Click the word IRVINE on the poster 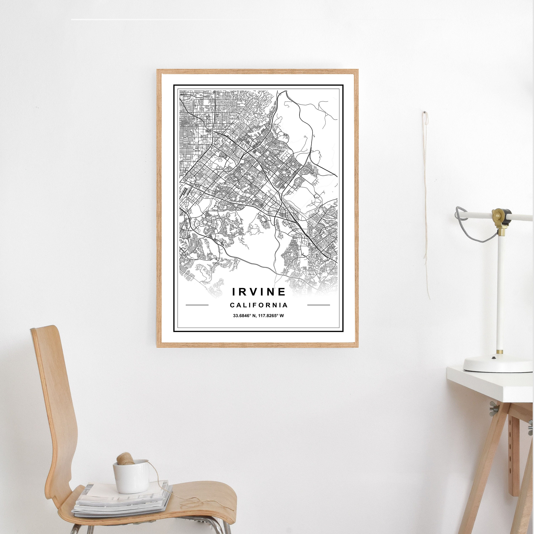[259, 291]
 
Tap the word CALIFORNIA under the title [259, 305]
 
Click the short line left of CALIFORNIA [197, 305]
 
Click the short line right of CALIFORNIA [319, 305]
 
